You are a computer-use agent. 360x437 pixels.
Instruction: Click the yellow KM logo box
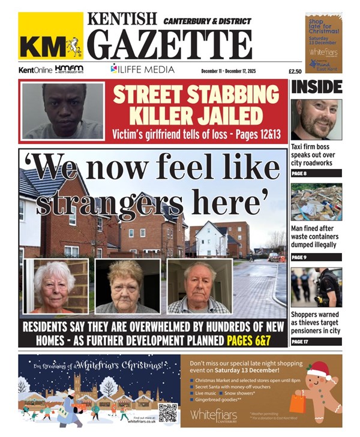[50, 38]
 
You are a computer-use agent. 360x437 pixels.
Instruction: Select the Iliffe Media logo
[142, 69]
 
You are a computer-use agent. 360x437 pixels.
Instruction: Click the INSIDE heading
[316, 87]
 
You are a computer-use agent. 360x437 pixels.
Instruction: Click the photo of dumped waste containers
[316, 202]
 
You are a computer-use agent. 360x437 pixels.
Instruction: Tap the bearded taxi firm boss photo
[316, 119]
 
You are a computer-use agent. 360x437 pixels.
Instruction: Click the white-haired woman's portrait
[55, 287]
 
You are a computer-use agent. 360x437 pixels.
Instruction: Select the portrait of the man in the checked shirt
[198, 287]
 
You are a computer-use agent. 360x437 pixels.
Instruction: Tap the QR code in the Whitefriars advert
[168, 412]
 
